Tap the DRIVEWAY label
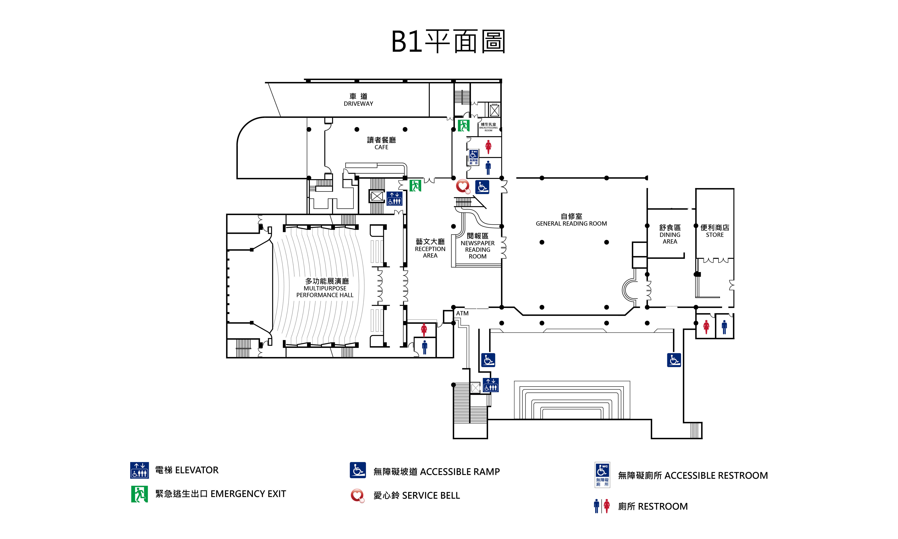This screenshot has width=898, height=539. tap(358, 100)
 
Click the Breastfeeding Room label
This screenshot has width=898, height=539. tap(488, 127)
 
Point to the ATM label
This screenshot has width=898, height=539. tap(462, 313)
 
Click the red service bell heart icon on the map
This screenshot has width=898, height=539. tap(463, 187)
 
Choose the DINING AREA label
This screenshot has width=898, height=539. tap(670, 234)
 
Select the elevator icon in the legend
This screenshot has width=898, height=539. tap(139, 470)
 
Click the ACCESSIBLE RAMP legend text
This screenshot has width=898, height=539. tap(436, 471)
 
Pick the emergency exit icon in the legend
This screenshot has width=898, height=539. tap(139, 494)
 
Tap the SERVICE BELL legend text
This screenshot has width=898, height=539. tap(416, 495)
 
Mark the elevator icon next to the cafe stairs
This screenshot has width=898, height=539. tap(394, 198)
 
